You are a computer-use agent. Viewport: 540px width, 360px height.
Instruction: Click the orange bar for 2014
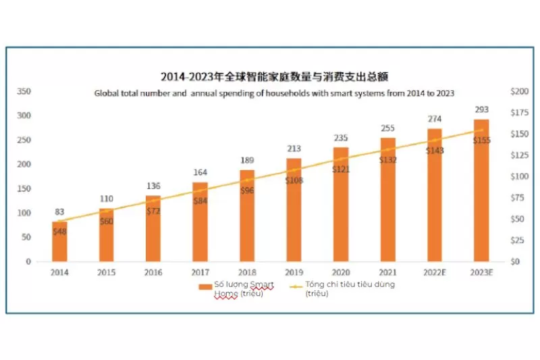tap(59, 241)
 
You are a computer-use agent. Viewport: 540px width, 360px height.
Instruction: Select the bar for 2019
tap(294, 209)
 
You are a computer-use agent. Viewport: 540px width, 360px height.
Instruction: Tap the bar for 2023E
tap(481, 190)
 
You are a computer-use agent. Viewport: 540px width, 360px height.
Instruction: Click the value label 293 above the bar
tap(481, 109)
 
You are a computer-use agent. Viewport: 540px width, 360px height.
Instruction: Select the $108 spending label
tap(294, 181)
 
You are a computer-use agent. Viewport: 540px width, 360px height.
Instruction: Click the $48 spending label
tap(59, 232)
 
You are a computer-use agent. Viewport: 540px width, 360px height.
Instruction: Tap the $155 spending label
tap(481, 140)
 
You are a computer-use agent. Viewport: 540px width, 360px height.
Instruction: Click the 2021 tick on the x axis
tap(387, 273)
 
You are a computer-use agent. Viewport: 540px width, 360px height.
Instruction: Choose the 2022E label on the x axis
tap(435, 273)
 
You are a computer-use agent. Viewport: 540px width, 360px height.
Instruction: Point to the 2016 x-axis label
tap(153, 273)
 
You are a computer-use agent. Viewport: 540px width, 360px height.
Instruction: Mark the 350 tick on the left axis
tap(24, 91)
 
